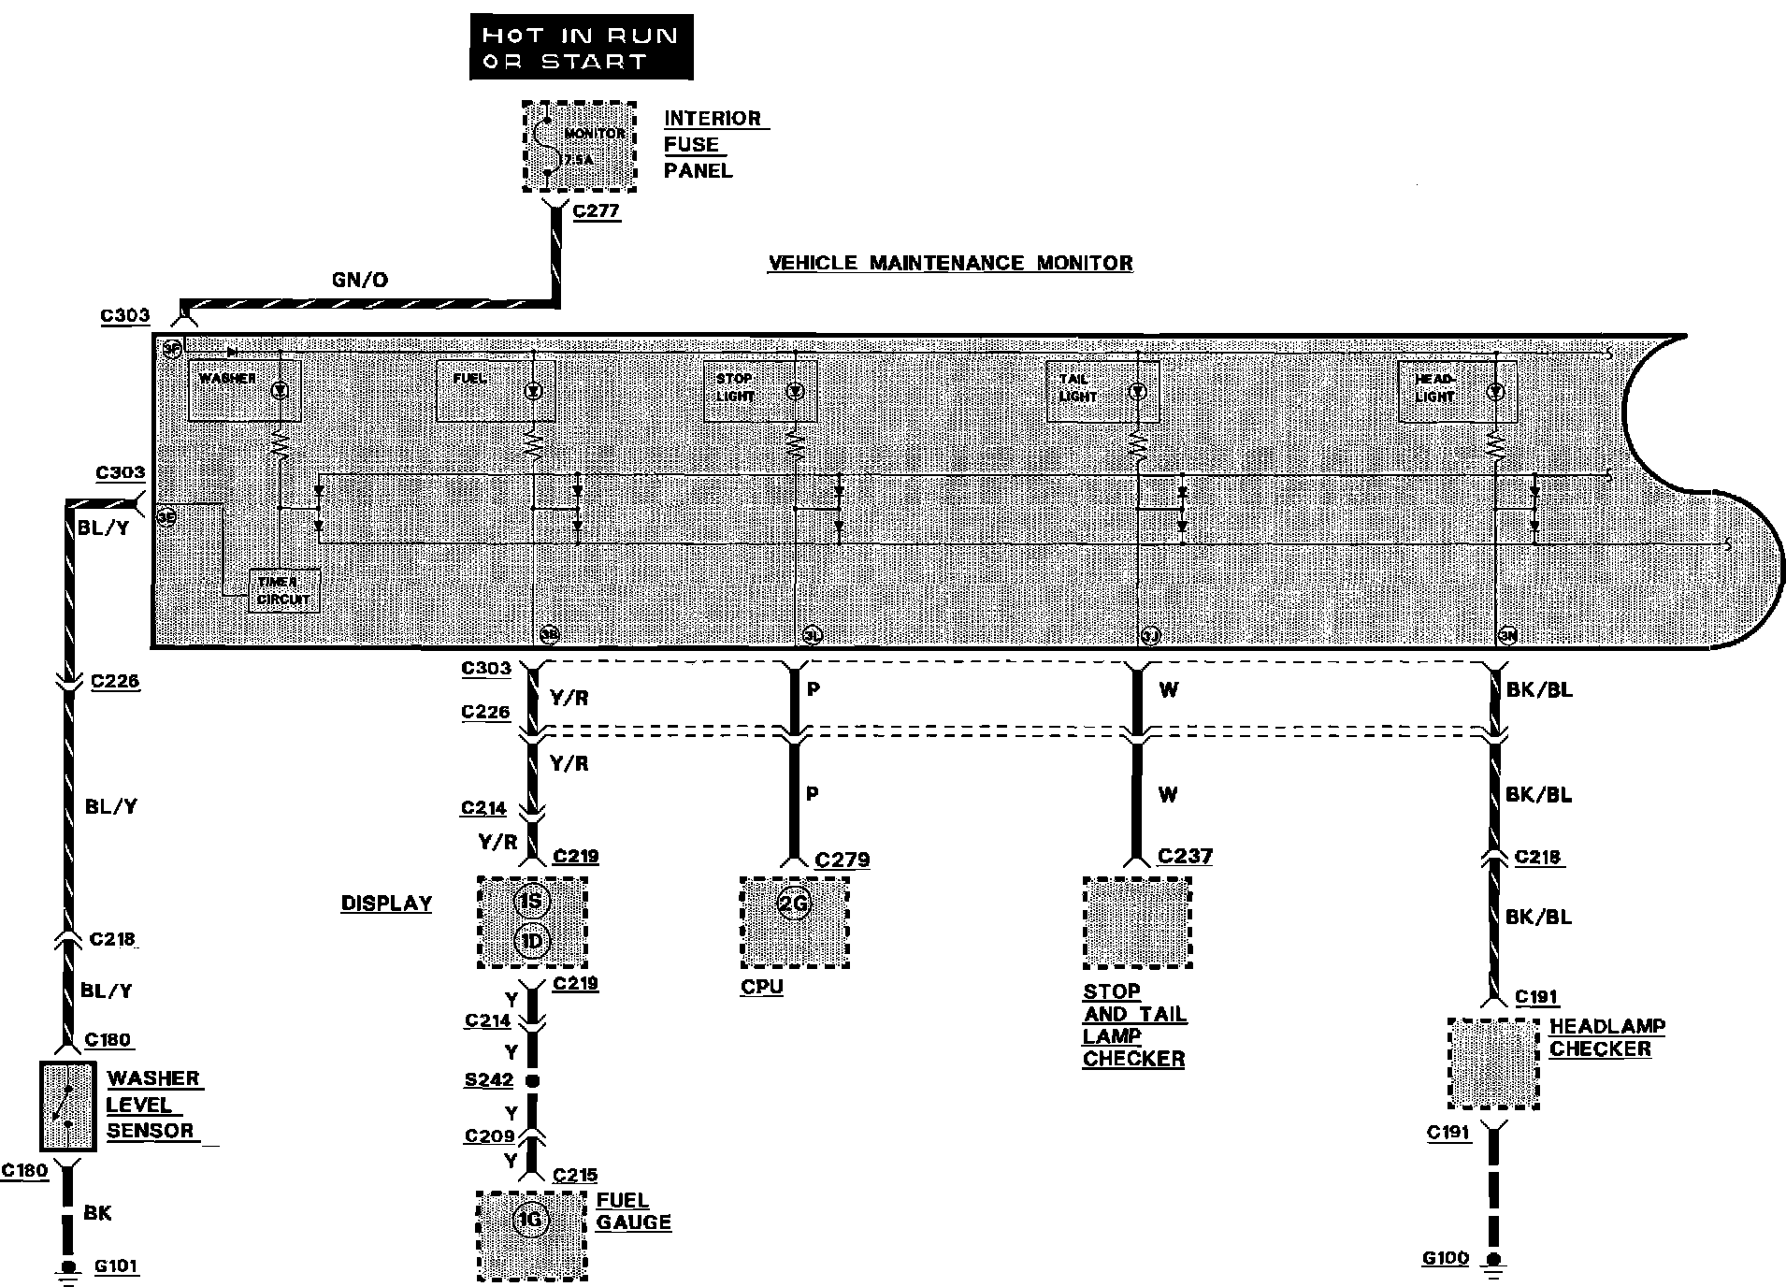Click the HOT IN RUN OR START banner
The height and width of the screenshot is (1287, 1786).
click(x=581, y=48)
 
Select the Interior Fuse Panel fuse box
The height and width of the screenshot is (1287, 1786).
click(x=579, y=147)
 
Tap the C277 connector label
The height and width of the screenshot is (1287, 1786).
click(x=596, y=210)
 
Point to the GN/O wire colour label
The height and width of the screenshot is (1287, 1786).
click(x=359, y=280)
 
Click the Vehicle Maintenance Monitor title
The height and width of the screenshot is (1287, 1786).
click(x=950, y=263)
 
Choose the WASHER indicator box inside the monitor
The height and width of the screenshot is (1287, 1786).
click(x=244, y=390)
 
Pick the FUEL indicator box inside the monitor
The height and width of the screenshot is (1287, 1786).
click(x=495, y=390)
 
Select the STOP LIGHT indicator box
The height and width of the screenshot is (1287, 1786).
click(x=758, y=391)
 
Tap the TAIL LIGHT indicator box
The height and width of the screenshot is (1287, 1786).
click(x=1102, y=391)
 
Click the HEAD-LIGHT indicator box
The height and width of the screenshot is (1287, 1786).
click(x=1456, y=391)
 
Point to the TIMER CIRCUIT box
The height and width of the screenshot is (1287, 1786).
click(x=283, y=591)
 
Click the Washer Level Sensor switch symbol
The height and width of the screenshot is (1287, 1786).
click(x=67, y=1106)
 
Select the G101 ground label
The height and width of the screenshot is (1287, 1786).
click(x=117, y=1267)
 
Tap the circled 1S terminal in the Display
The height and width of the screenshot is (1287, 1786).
click(x=531, y=902)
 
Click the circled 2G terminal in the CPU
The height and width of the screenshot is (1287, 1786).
click(x=794, y=904)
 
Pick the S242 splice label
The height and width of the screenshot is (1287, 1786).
click(x=489, y=1080)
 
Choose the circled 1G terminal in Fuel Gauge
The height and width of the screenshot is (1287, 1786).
click(x=531, y=1220)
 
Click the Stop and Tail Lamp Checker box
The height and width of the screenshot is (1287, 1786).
click(x=1136, y=923)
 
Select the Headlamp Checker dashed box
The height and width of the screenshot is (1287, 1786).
click(x=1492, y=1064)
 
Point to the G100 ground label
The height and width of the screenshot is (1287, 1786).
click(x=1446, y=1258)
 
